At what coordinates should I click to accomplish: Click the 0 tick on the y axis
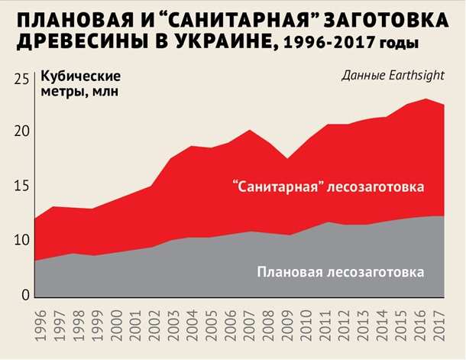[x=25, y=295]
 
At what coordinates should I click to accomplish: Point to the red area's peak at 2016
[x=425, y=100]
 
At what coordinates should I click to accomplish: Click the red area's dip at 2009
[x=288, y=160]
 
